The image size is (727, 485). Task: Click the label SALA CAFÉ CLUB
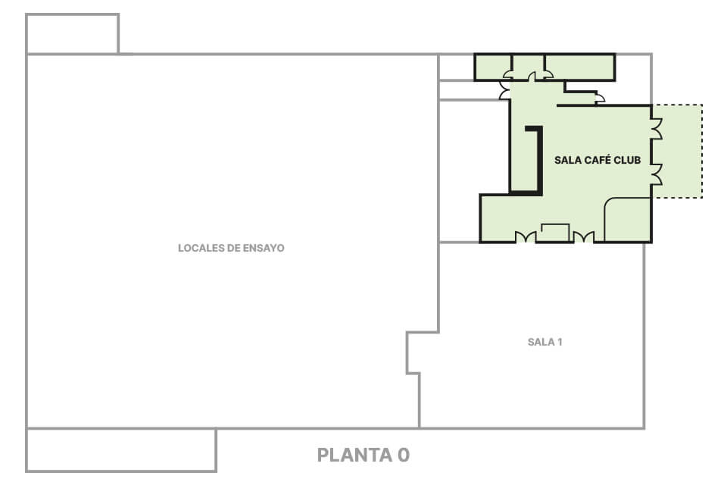tap(598, 160)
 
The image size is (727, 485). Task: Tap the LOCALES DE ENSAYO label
tap(231, 248)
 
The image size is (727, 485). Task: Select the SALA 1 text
tap(544, 342)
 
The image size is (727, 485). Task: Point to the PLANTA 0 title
tap(363, 455)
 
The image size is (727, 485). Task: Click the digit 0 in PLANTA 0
tap(404, 455)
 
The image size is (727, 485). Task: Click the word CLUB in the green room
tap(627, 160)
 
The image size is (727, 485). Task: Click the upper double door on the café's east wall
tap(657, 129)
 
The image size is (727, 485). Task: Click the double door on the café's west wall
tap(504, 89)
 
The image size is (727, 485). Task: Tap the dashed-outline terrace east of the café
tap(677, 152)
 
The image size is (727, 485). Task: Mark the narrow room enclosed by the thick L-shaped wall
tap(525, 160)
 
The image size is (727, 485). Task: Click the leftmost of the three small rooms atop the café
tap(493, 67)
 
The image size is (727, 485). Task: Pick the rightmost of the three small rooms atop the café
tap(580, 67)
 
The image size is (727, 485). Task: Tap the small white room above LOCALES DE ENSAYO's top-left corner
tap(73, 34)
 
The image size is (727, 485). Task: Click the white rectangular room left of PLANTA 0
tap(121, 450)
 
